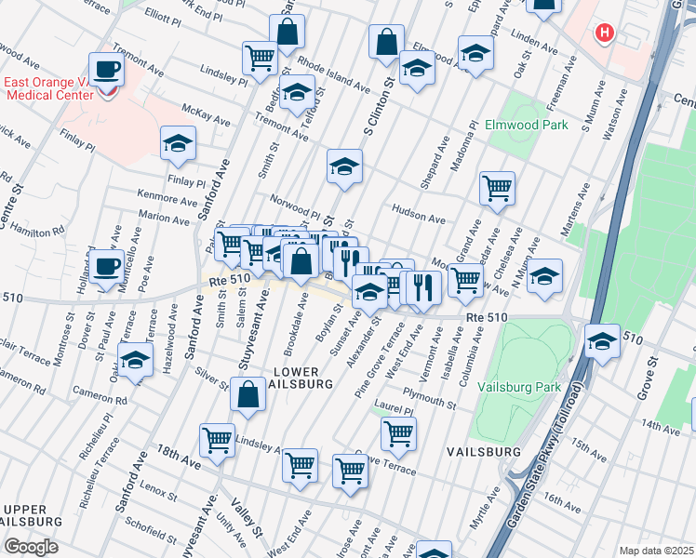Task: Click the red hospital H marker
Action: (605, 33)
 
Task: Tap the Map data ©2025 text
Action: (655, 551)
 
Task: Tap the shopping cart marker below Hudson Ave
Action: (498, 188)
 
